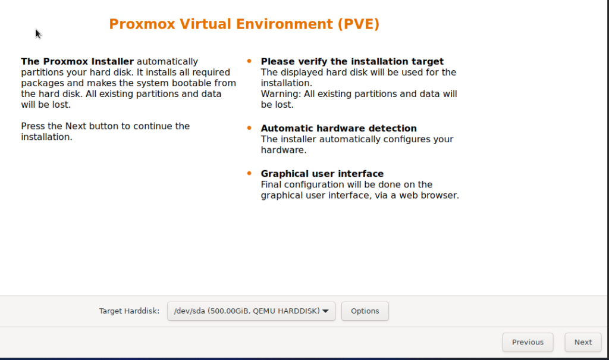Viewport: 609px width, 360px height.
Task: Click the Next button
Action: tap(583, 342)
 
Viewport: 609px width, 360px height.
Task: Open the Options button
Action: tap(365, 311)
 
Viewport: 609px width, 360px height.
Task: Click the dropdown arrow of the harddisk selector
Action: tap(325, 311)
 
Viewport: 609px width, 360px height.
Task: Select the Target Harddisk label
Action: tap(129, 311)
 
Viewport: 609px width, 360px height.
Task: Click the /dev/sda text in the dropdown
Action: tap(190, 311)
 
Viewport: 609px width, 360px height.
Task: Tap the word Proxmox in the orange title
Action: tap(142, 24)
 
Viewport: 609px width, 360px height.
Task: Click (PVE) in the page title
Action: tap(358, 24)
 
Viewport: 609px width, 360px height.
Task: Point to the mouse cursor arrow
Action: tap(37, 34)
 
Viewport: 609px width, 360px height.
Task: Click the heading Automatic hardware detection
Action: tap(338, 129)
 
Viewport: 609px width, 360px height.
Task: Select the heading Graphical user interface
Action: tap(322, 174)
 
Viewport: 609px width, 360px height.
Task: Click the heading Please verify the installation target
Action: tap(352, 61)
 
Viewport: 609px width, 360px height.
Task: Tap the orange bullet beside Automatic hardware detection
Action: tap(249, 128)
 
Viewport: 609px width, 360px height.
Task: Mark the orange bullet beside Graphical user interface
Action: tap(249, 173)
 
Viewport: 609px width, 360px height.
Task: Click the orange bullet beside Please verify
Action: tap(249, 61)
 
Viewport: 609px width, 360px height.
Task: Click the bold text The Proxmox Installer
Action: tap(77, 61)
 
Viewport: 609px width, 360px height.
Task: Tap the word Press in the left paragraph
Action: tap(33, 126)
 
